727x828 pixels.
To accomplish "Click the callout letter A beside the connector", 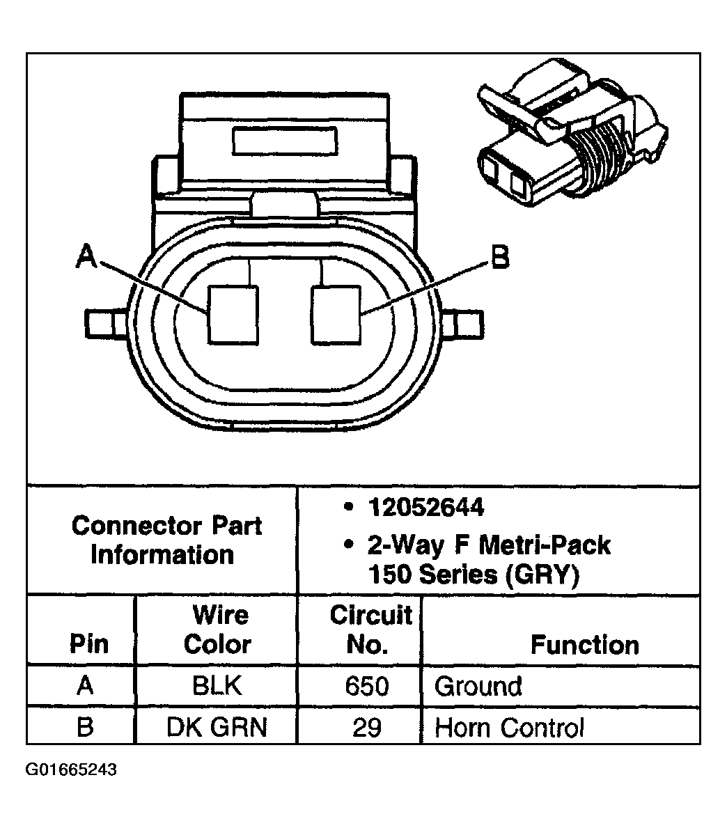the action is coord(87,256).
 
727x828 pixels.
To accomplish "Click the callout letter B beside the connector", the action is coord(500,257).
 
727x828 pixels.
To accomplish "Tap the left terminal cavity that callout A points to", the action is coord(233,315).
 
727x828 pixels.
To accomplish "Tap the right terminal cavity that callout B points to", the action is coord(336,315).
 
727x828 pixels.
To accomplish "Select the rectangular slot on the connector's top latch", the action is coord(285,141).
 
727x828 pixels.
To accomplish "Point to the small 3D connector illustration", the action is coord(572,132).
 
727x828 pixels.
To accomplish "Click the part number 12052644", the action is coord(425,508).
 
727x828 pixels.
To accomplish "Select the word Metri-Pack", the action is coord(545,545).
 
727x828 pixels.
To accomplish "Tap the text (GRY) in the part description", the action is coord(542,575).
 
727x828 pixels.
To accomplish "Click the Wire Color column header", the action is coord(217,630).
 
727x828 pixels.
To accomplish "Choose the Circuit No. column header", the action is coord(370,630).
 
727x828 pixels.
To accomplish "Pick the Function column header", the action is coord(584,645).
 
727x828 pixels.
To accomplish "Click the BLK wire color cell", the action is coord(217,686).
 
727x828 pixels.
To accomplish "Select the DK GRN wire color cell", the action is coord(217,727).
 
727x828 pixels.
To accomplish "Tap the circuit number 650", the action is coord(367,686).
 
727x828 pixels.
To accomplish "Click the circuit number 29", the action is coord(367,727).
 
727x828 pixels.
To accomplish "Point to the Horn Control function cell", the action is coord(510,727).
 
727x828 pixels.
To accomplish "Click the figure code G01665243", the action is coord(71,770).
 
